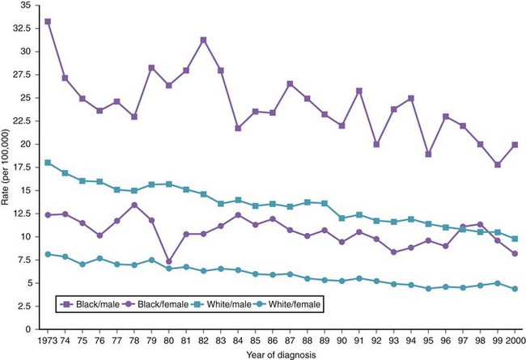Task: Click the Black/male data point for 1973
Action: tap(49, 21)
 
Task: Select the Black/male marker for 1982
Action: tap(203, 40)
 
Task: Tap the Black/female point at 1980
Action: tap(168, 262)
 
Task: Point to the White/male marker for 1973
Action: tap(49, 163)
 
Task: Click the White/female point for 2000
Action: tap(515, 289)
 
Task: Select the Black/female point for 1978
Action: tap(134, 205)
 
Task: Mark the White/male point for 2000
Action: tap(515, 239)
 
